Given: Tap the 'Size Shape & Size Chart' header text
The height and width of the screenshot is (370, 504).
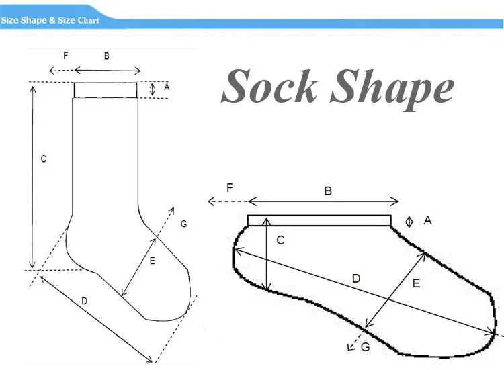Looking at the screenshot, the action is point(50,21).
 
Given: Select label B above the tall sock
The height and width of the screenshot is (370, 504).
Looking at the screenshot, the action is point(107,56).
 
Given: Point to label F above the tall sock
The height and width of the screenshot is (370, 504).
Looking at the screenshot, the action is point(66,56).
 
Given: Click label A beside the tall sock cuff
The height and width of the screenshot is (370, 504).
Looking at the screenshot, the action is point(167,87).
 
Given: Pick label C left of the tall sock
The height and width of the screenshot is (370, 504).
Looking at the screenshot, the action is point(44,159).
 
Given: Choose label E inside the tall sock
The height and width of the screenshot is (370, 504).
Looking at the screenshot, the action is point(153,261).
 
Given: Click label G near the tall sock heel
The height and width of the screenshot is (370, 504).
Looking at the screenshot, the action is point(183,224).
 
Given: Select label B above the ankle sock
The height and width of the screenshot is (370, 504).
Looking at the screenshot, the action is point(328,191).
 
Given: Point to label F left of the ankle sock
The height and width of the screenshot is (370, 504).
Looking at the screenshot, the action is point(230,188).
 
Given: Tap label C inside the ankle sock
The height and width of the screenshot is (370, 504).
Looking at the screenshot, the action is point(281,240).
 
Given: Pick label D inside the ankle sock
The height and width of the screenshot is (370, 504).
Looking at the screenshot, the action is point(356,278).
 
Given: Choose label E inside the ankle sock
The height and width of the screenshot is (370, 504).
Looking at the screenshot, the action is point(416,284).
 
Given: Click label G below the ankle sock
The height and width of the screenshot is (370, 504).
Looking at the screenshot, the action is point(365,347).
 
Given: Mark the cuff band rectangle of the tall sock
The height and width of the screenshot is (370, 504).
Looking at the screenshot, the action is point(106,89).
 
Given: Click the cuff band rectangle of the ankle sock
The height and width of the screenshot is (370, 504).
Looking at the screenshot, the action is point(319,220).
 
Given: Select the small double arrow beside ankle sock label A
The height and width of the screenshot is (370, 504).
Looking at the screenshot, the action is point(410,222).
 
